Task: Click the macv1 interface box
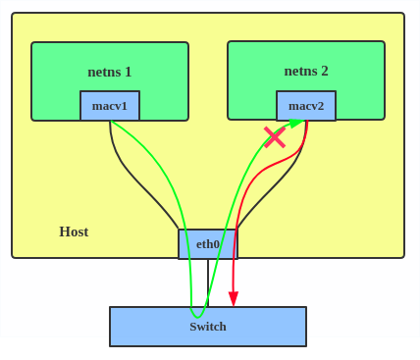click(110, 106)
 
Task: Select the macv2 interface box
click(306, 106)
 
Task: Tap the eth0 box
click(207, 244)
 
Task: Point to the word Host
click(74, 231)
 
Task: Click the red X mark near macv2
click(275, 137)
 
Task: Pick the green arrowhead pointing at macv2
click(295, 124)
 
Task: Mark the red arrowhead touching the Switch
click(234, 299)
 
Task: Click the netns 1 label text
click(110, 72)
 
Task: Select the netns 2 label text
click(306, 71)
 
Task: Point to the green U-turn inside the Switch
click(198, 315)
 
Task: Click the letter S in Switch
click(193, 327)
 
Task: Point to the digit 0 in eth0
click(217, 244)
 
